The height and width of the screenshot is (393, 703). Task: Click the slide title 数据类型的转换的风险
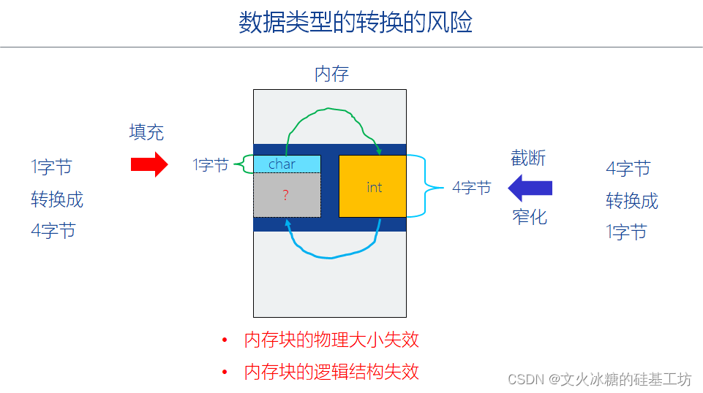coord(356,23)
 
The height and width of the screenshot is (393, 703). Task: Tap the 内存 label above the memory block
coord(331,74)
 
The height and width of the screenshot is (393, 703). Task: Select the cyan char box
coord(287,164)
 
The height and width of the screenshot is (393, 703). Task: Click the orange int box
coord(373,186)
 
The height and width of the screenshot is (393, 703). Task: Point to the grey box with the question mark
coord(287,195)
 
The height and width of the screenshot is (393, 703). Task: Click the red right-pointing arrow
coord(149,164)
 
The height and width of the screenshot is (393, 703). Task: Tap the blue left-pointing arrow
coord(530,188)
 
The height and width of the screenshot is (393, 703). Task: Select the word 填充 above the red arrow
coord(147,132)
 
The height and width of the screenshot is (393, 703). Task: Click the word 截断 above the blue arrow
coord(528,158)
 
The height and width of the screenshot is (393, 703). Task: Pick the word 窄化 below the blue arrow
coord(530,216)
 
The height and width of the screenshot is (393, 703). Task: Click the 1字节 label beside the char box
coord(211,165)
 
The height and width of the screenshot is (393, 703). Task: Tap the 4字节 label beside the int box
coord(471,188)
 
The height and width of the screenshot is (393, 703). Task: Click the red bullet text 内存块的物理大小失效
coord(331,340)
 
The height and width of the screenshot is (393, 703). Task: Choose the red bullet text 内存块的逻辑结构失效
coord(331,371)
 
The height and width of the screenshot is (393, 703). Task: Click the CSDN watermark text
coord(599,379)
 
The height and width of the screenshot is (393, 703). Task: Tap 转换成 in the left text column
coord(57,199)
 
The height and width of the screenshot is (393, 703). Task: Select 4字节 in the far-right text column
coord(628,169)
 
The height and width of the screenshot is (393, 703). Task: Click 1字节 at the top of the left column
coord(52,167)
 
